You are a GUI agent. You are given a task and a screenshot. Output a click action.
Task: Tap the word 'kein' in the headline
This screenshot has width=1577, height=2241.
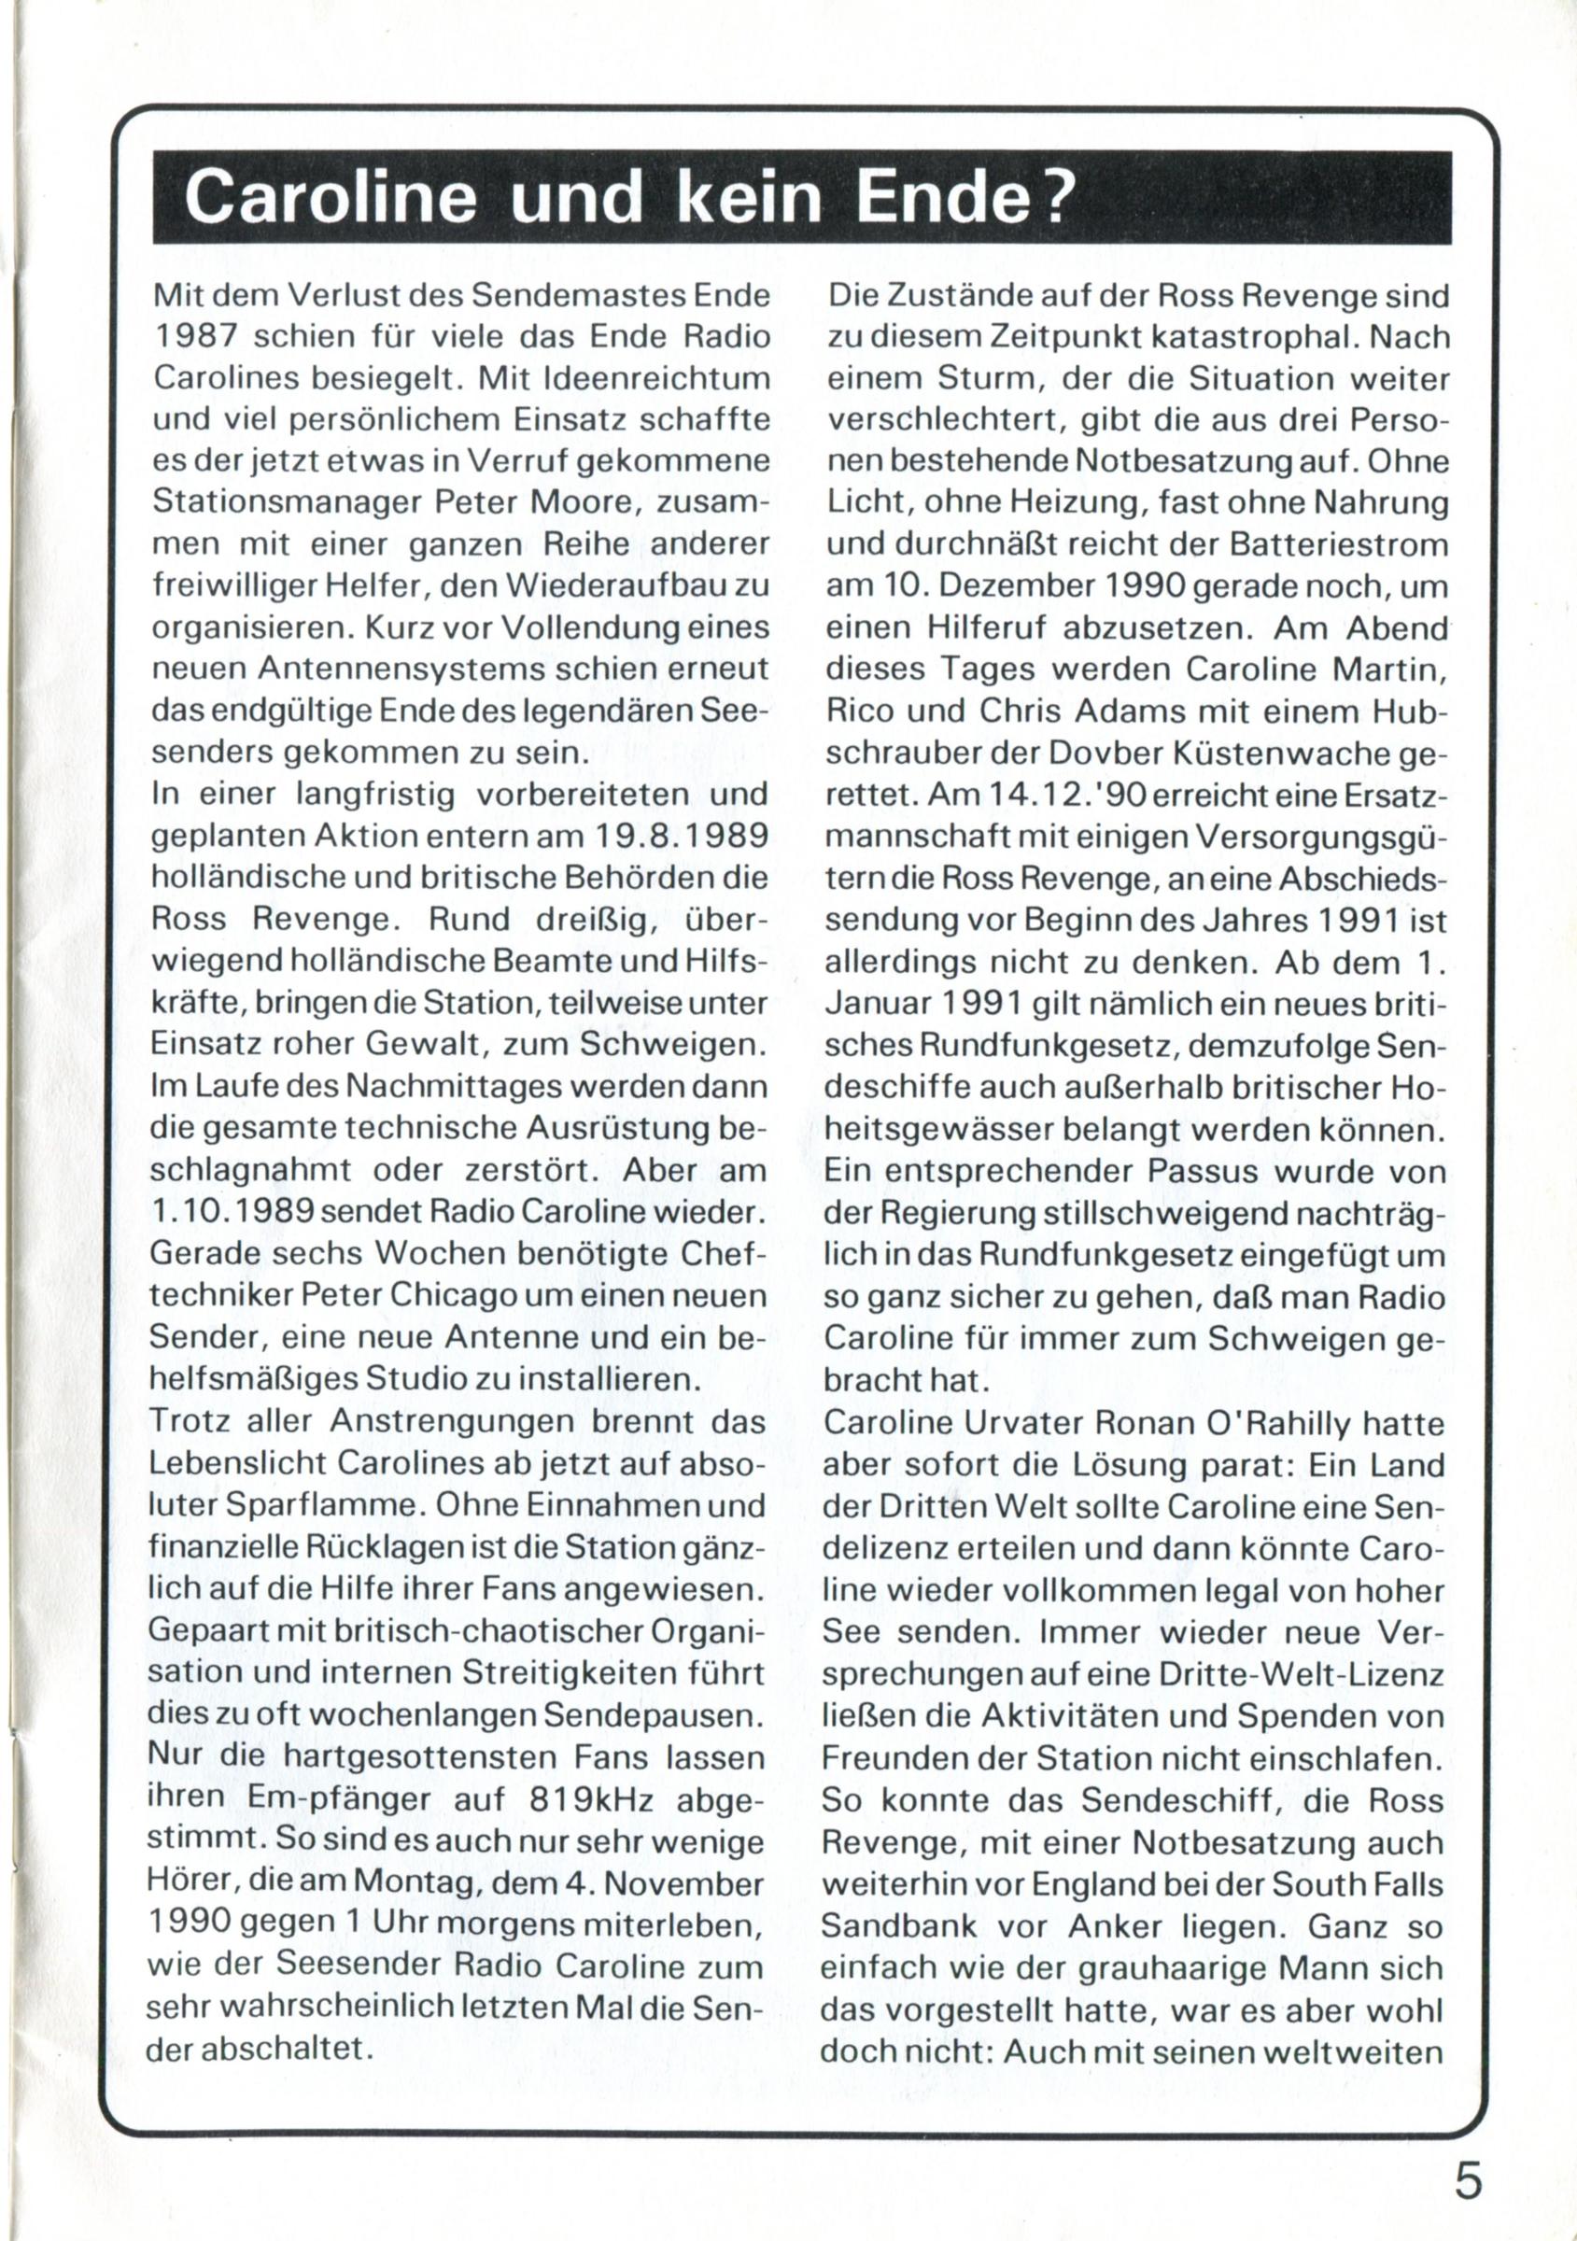(x=748, y=198)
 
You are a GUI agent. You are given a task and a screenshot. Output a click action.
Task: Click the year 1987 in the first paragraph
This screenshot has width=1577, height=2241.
(x=197, y=337)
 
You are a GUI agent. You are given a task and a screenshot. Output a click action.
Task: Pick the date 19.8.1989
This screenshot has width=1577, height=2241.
(x=667, y=837)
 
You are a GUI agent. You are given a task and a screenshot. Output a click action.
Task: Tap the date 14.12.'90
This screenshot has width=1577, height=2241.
(x=1054, y=796)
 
